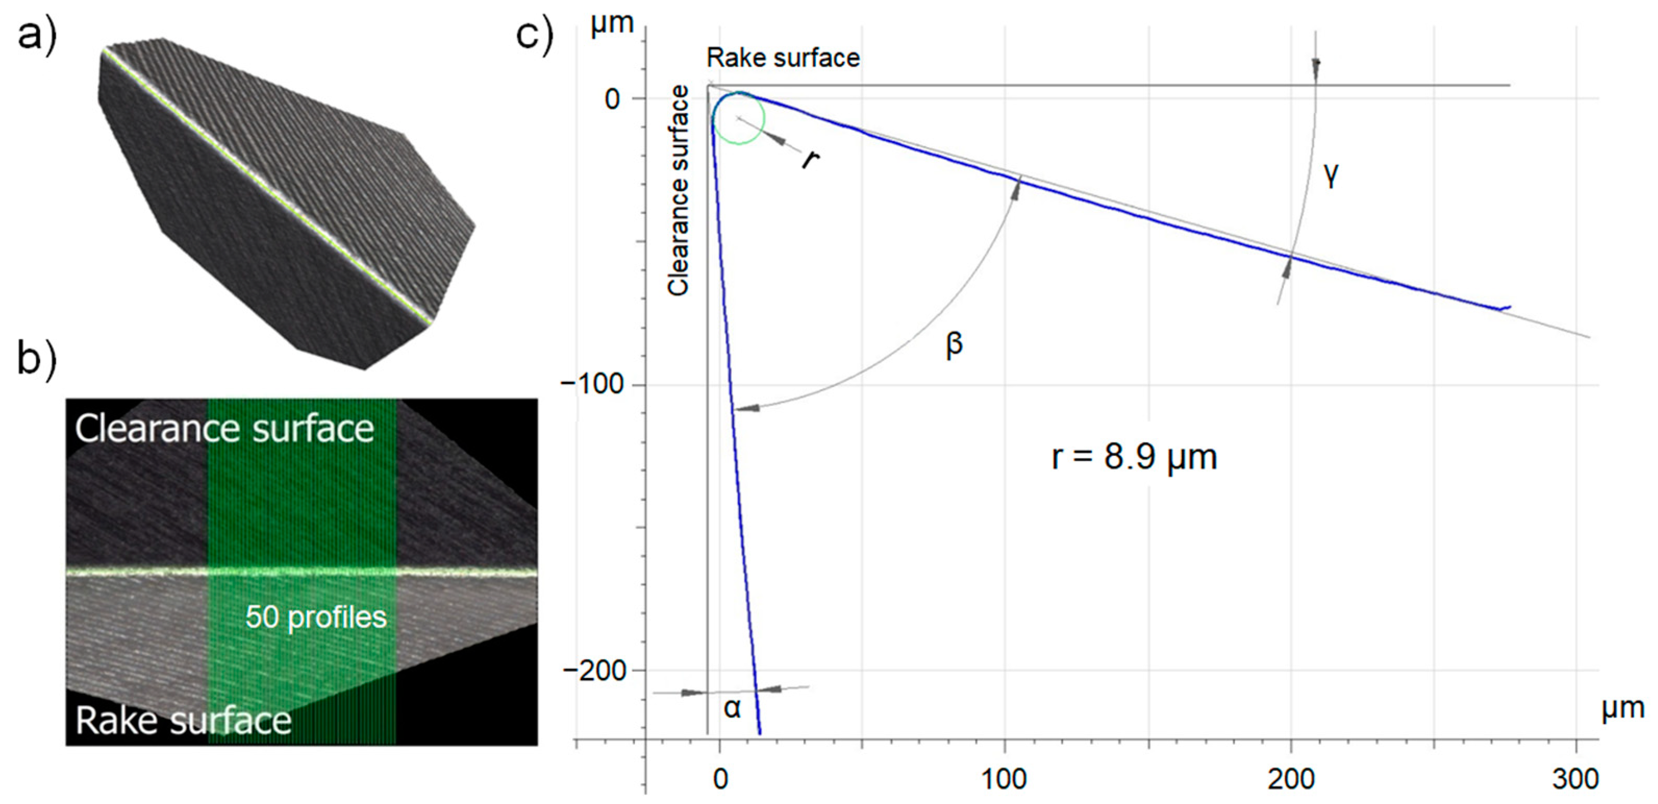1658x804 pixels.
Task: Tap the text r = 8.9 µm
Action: tap(1134, 457)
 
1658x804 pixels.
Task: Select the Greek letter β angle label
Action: tap(954, 343)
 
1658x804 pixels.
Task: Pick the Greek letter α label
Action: tap(732, 708)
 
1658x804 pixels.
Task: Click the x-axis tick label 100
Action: tap(1004, 779)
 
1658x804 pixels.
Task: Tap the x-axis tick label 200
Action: tap(1290, 779)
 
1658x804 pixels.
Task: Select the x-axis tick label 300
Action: tap(1575, 779)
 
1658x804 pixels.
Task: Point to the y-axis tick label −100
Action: tap(593, 385)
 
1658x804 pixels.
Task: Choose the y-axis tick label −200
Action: tap(593, 670)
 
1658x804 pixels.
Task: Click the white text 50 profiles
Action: tap(316, 617)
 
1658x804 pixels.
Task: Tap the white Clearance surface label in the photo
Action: tap(224, 428)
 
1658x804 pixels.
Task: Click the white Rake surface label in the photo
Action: tap(183, 720)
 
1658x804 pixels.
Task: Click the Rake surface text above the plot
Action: tap(783, 58)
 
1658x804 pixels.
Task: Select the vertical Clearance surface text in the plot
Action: tap(679, 191)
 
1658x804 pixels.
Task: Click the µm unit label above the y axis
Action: tap(612, 24)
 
